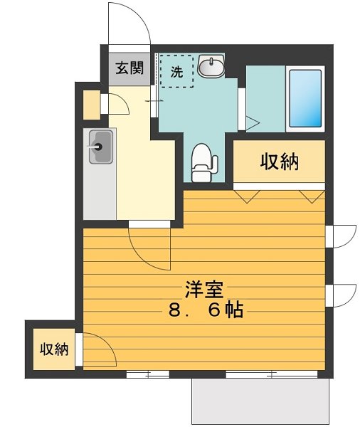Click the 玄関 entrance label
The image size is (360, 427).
click(130, 68)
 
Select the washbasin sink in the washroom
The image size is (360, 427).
click(210, 68)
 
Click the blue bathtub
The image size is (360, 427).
click(305, 99)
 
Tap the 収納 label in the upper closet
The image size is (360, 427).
click(278, 162)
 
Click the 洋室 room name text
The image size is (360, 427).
click(204, 290)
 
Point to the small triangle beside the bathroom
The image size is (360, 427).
click(250, 123)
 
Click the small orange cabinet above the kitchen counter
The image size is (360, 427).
click(92, 106)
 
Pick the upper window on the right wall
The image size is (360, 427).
click(342, 236)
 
